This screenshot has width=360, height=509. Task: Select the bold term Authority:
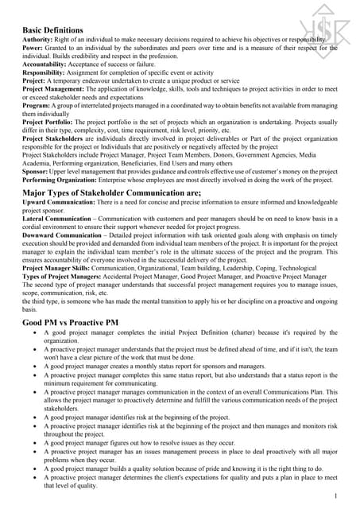[x=38, y=41]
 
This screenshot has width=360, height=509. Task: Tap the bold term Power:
[x=33, y=49]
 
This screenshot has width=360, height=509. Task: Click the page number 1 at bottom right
[x=338, y=495]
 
